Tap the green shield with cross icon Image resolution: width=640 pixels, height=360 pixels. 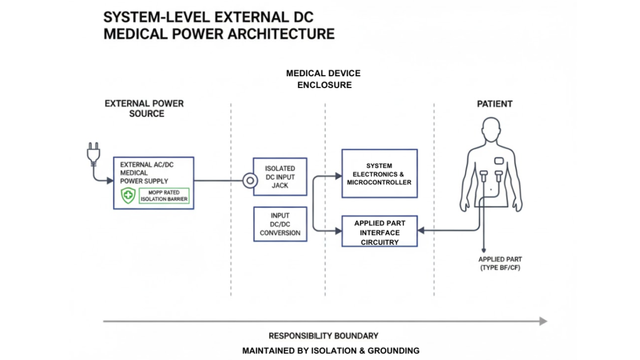tap(128, 197)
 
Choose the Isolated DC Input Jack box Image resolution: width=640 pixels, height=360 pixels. tap(280, 177)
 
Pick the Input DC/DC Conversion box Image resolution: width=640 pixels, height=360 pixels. tap(280, 224)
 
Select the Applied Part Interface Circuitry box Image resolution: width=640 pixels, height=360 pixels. tap(379, 232)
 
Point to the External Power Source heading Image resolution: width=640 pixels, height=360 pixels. tap(144, 108)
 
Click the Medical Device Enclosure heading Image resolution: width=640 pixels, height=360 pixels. tap(323, 79)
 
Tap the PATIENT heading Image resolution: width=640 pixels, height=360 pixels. tap(496, 103)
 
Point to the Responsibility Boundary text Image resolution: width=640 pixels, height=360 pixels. tap(323, 336)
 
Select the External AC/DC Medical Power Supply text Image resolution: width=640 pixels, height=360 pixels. tap(146, 173)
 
